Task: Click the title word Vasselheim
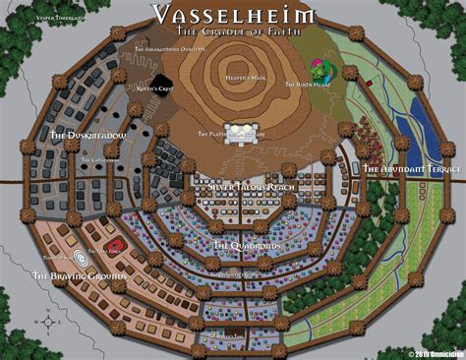pyautogui.click(x=232, y=14)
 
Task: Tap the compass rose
pyautogui.click(x=50, y=321)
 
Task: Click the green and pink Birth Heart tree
pyautogui.click(x=320, y=71)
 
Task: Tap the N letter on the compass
pyautogui.click(x=50, y=306)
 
